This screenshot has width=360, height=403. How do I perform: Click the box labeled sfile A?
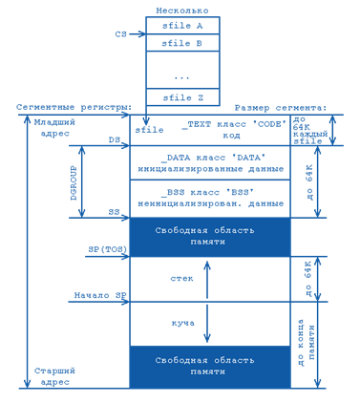(182, 26)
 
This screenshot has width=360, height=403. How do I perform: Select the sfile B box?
(182, 43)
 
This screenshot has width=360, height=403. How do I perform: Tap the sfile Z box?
(182, 97)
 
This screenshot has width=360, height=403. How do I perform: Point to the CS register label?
(121, 34)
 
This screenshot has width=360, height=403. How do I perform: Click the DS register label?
(115, 139)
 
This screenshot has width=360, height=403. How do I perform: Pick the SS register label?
(115, 212)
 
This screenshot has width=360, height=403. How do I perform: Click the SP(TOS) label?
(108, 249)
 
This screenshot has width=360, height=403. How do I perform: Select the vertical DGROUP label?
(74, 182)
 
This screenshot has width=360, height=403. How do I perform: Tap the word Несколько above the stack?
(182, 11)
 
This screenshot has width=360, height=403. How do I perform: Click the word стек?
(181, 279)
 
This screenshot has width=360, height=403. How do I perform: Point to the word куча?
(183, 324)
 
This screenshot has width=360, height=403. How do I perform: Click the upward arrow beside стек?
(207, 280)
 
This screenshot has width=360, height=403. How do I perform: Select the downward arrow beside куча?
(207, 324)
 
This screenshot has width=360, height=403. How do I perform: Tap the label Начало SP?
(100, 295)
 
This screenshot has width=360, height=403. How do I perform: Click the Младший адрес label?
(54, 128)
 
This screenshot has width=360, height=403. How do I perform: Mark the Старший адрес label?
(54, 376)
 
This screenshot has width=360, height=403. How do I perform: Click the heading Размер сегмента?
(281, 108)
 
